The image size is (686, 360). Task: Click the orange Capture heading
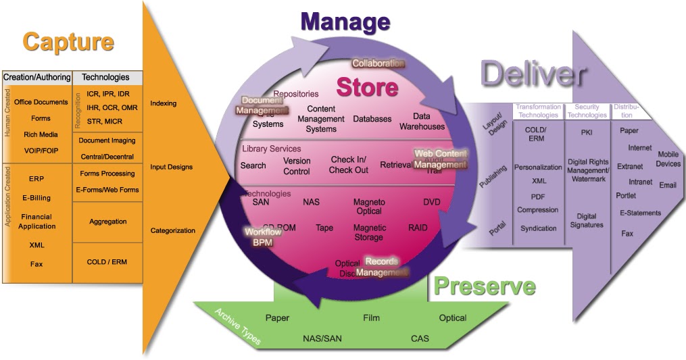tap(68, 42)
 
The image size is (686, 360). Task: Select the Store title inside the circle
tap(367, 87)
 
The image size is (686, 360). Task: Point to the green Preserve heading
tap(484, 286)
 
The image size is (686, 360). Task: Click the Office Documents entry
tap(41, 102)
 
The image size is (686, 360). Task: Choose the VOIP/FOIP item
tap(41, 151)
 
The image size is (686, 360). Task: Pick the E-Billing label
tap(36, 198)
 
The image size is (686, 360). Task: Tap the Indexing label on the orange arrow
tap(163, 103)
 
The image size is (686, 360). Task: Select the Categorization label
tap(172, 230)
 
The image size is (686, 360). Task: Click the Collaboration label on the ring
tap(378, 63)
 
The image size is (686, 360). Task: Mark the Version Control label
tap(297, 166)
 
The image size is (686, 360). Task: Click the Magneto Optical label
tap(369, 206)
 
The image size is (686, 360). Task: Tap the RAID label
tap(418, 228)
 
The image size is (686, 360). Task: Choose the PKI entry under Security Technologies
tap(586, 132)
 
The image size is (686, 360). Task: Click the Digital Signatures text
tap(586, 220)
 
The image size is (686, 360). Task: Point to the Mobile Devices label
tap(668, 159)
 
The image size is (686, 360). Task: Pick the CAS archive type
tap(420, 338)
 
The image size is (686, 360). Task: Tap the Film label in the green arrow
tap(371, 317)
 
